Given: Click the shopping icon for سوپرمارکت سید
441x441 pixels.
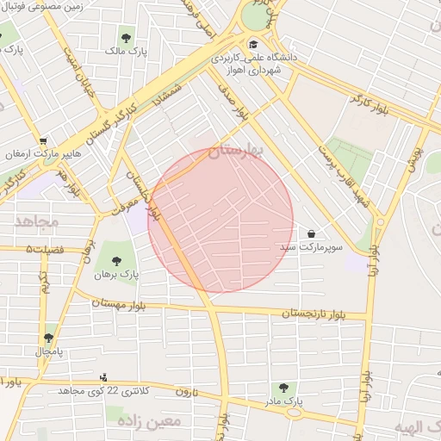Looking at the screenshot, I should (310, 233).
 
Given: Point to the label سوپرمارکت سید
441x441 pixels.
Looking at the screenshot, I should (310, 247).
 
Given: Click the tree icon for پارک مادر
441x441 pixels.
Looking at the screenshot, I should (282, 388).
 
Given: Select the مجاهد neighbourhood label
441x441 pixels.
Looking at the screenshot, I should (35, 221).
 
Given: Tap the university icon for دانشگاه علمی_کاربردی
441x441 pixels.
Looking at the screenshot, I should (252, 45).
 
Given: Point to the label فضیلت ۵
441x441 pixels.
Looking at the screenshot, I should (47, 249).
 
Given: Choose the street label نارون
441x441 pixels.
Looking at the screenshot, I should (188, 391).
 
